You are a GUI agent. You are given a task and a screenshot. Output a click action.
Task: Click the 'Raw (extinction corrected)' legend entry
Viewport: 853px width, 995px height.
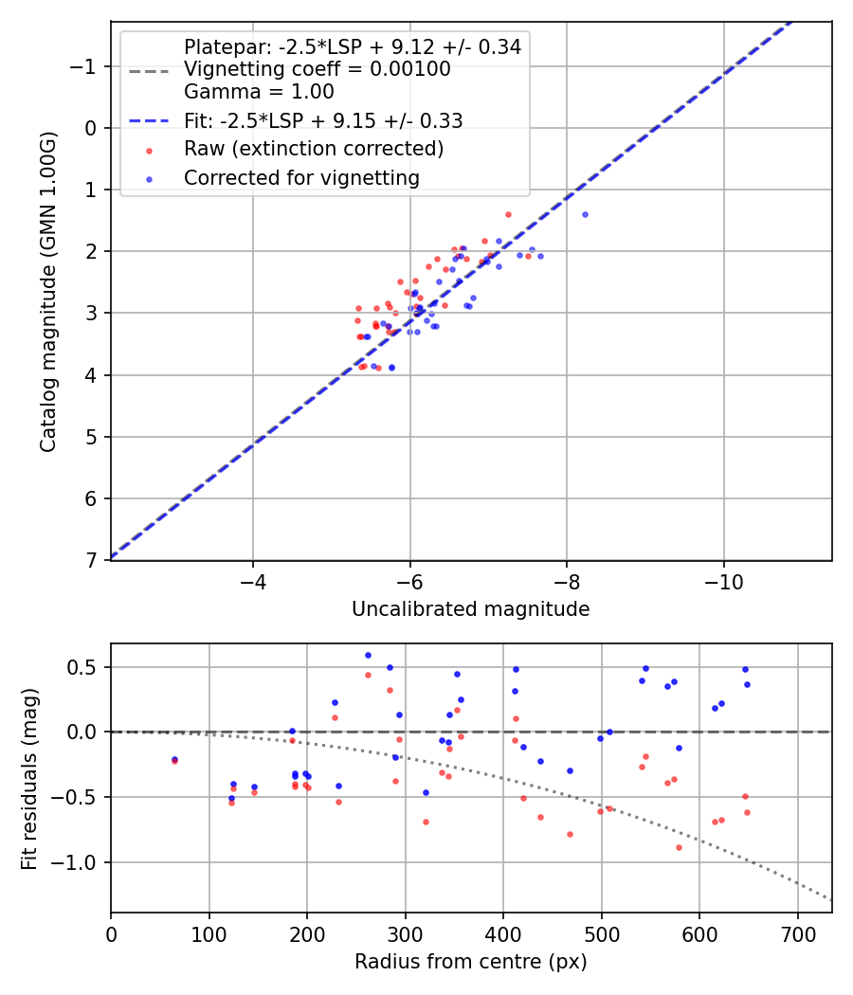click(x=314, y=149)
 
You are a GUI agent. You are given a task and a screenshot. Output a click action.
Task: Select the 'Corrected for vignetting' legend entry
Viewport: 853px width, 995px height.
click(x=301, y=177)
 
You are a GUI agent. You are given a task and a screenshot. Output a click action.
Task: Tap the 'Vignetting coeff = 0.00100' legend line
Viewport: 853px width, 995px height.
click(x=318, y=69)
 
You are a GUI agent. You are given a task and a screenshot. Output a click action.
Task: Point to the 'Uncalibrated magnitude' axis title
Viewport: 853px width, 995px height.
click(x=470, y=609)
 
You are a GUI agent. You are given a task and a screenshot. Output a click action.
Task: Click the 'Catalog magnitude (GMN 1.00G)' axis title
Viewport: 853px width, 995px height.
click(x=48, y=292)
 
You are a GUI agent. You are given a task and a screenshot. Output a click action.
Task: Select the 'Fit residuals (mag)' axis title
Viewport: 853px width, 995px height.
click(x=29, y=777)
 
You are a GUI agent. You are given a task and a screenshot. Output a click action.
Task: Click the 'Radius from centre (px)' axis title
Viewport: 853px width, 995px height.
click(x=470, y=962)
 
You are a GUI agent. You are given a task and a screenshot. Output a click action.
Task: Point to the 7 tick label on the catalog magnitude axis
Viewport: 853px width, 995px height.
click(x=91, y=560)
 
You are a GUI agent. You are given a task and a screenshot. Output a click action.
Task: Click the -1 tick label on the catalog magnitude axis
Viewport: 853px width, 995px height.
click(x=85, y=66)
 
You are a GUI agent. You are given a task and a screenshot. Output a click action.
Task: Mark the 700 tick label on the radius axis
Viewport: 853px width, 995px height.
click(x=797, y=932)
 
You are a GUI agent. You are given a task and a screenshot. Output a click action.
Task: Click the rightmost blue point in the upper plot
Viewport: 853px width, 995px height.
click(x=585, y=214)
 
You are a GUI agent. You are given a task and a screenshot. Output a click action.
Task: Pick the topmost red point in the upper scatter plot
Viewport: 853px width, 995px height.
click(x=508, y=214)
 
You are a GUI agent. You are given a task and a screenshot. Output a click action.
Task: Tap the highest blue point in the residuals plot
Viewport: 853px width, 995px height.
click(x=368, y=655)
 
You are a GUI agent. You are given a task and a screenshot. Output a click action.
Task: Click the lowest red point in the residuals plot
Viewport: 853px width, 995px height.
click(x=679, y=847)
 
